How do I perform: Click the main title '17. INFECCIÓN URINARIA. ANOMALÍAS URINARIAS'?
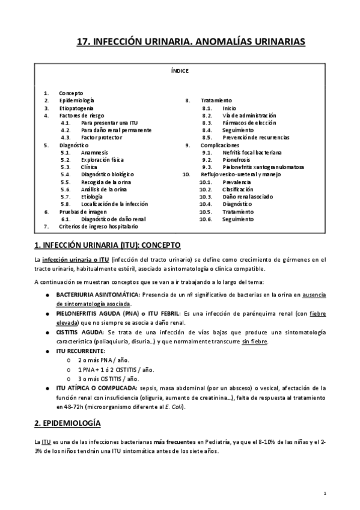(192, 41)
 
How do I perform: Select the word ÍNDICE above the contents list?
(180, 71)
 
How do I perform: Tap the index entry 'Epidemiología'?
(76, 100)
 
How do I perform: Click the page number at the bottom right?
(324, 493)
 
